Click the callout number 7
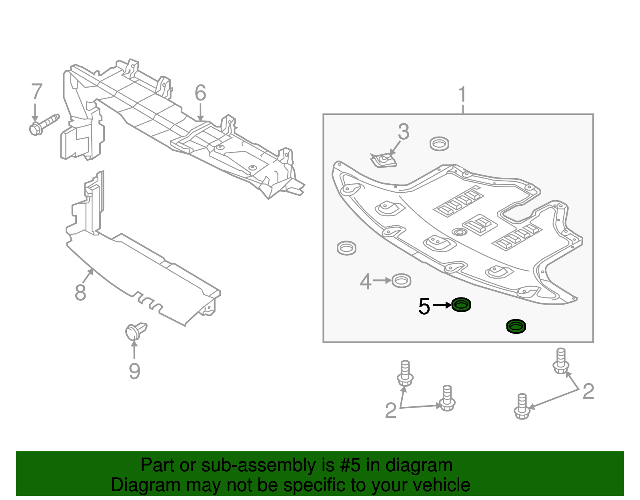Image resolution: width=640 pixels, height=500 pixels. [x=37, y=92]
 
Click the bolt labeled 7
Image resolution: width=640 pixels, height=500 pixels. [x=44, y=124]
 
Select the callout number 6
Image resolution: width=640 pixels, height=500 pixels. [x=200, y=93]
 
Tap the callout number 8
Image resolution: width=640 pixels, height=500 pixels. [x=80, y=293]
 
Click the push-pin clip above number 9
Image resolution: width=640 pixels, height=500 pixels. [x=135, y=331]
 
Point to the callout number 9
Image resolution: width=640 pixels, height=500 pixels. [x=134, y=371]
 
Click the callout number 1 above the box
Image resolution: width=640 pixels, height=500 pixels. [x=462, y=94]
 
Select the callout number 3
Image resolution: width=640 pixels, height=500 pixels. [x=404, y=132]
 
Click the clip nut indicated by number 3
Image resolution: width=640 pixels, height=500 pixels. [x=384, y=161]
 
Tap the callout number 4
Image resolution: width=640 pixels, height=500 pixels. [x=366, y=281]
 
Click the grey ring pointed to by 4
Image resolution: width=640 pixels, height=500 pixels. [x=401, y=281]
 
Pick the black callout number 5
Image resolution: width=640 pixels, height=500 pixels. [x=424, y=307]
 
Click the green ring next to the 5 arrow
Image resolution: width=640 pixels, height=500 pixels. [x=461, y=305]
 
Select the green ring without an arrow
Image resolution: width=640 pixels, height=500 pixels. [x=516, y=326]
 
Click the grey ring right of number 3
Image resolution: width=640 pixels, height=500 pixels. [x=439, y=143]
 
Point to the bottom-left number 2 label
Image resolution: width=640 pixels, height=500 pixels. [x=390, y=411]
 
